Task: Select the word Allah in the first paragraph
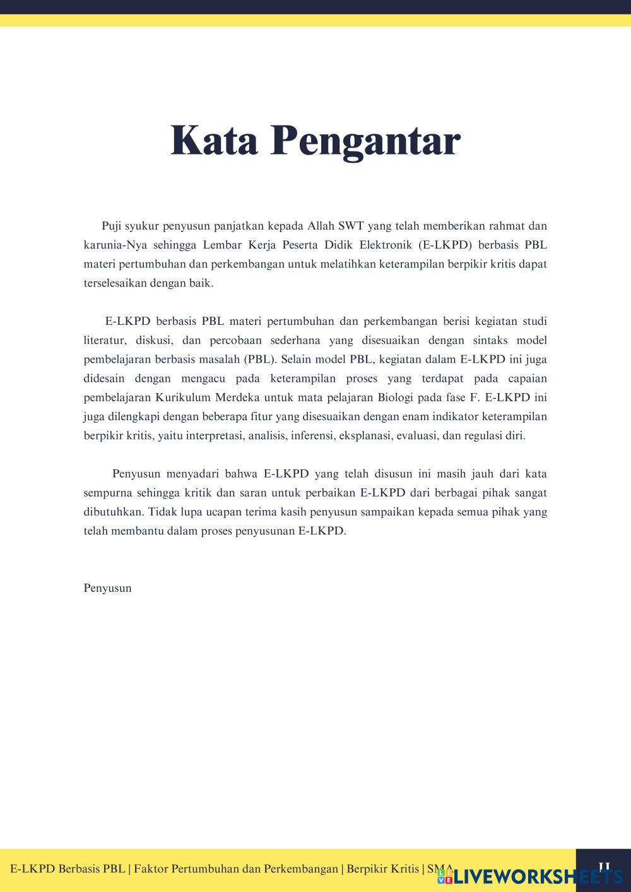322,226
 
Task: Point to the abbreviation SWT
351,226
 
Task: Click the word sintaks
490,341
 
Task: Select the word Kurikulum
184,398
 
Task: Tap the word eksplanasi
367,436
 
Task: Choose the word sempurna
108,493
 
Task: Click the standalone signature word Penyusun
108,589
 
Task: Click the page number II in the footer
604,867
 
